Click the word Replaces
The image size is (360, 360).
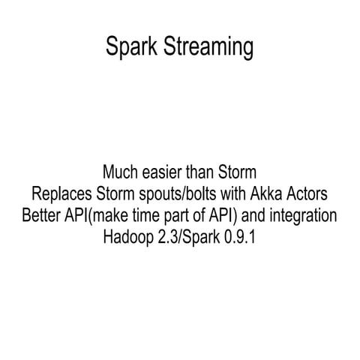tap(57, 194)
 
